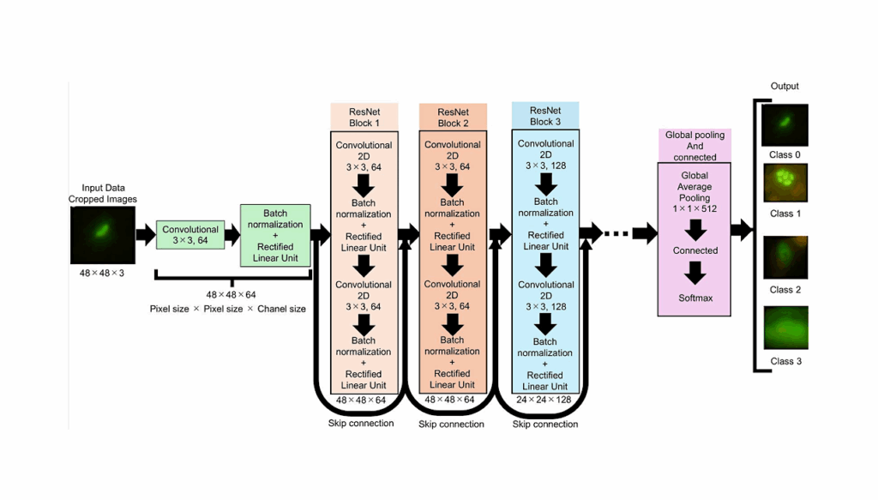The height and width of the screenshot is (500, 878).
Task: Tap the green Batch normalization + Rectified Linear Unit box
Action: (275, 235)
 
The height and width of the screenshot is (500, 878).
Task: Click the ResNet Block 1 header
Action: (364, 117)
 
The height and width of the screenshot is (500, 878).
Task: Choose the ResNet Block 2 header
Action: (453, 117)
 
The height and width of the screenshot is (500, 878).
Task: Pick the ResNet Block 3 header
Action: (545, 116)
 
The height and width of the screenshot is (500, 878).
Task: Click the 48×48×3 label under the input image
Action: (103, 272)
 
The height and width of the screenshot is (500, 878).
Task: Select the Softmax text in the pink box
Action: (695, 298)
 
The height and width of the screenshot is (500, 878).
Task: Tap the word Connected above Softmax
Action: (695, 250)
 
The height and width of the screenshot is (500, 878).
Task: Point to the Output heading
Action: (784, 87)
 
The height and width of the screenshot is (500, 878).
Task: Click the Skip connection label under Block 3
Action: (545, 424)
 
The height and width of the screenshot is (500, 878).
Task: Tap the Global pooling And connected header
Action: (695, 146)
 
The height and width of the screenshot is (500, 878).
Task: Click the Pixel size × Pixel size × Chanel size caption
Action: (228, 309)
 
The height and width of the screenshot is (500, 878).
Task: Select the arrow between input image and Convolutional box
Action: (145, 234)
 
